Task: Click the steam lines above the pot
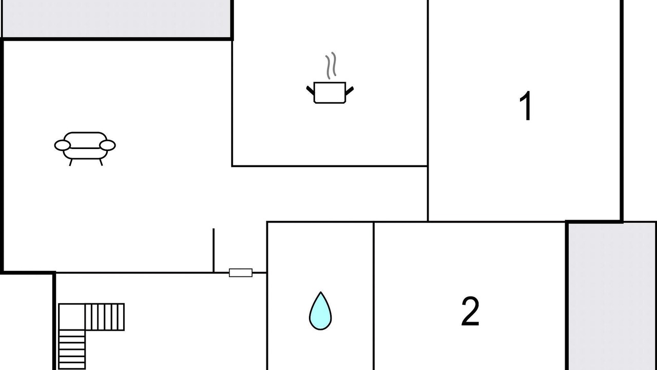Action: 332,65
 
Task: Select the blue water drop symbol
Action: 320,311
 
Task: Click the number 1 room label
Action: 526,106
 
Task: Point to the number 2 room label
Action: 470,311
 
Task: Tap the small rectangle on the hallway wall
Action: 240,273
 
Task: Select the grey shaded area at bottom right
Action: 612,295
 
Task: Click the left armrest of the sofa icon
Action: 62,145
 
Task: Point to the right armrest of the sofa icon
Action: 108,145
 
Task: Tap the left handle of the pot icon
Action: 310,90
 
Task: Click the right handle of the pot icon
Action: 350,90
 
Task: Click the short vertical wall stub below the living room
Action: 214,250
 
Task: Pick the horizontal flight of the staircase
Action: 105,317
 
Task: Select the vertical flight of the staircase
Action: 72,349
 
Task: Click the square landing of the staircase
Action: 71,317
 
